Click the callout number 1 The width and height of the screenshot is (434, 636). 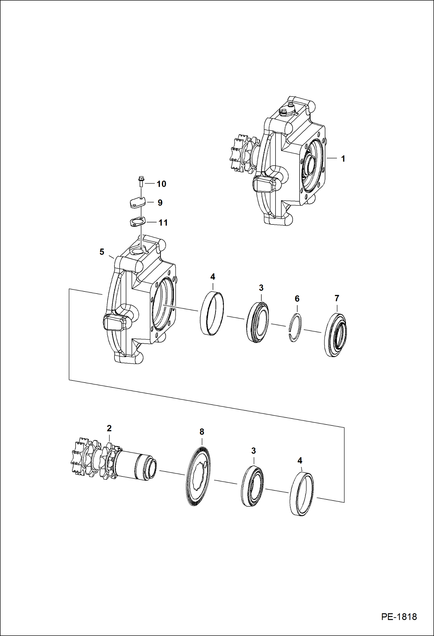tap(343, 159)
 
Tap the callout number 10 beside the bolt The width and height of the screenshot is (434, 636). tap(161, 184)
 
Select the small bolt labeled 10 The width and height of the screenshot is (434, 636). tap(141, 182)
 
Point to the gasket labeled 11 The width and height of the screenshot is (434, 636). tap(137, 223)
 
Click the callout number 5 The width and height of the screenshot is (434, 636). tap(102, 252)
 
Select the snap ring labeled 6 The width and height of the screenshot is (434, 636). tap(296, 327)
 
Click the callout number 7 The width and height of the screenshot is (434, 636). tap(337, 298)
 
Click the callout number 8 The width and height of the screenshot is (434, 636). tap(202, 432)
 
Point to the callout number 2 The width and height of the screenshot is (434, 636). tap(109, 428)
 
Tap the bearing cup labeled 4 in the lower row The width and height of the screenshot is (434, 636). tap(302, 494)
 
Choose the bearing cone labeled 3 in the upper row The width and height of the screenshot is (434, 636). tap(258, 322)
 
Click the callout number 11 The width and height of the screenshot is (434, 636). tap(163, 223)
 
